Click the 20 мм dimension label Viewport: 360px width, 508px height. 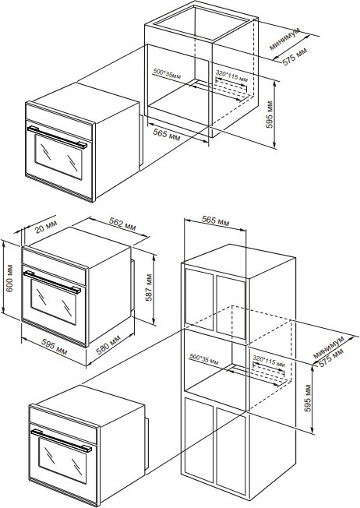(x=46, y=226)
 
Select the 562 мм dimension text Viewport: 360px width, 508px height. (x=122, y=223)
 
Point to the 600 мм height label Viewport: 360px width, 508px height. (x=9, y=278)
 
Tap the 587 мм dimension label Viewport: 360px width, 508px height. (x=149, y=288)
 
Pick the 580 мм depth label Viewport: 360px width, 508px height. (x=108, y=344)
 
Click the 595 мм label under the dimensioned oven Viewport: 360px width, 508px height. (x=55, y=347)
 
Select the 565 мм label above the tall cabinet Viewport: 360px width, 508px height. (x=216, y=220)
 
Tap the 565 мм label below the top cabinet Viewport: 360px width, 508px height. (x=167, y=134)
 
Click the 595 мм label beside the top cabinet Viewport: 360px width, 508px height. (x=270, y=115)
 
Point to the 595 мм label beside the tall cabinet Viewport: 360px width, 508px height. (x=308, y=398)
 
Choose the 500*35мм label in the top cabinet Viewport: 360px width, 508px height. (x=167, y=74)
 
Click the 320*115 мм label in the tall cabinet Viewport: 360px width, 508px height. (x=269, y=361)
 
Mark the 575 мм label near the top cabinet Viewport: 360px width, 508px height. (x=295, y=56)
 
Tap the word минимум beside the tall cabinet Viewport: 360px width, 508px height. (x=329, y=347)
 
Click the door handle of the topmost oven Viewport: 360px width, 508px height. (x=57, y=137)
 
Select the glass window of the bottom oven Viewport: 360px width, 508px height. (x=63, y=460)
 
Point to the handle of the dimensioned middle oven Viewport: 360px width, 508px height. (x=52, y=282)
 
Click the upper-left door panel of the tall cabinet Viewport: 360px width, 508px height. (x=199, y=300)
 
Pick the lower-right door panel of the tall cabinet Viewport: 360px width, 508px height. (x=231, y=452)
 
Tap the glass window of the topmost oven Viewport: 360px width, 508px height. (x=58, y=157)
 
